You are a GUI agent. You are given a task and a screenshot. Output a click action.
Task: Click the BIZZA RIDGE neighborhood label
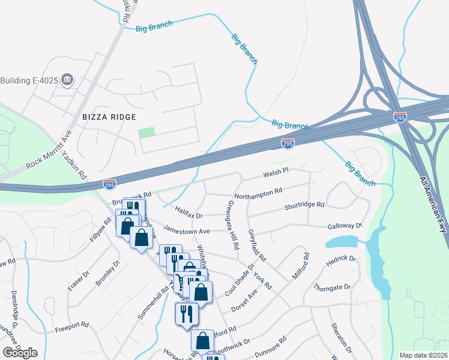coord(110,116)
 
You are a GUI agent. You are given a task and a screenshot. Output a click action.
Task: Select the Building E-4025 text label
coord(29,80)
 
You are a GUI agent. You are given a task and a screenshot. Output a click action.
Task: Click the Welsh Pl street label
coord(276,173)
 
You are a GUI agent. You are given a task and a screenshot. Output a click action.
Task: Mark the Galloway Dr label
coord(345,226)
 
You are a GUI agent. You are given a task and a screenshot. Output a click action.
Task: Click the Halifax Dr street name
coord(190,212)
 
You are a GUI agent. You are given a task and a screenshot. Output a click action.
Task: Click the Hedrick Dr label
coord(341,262)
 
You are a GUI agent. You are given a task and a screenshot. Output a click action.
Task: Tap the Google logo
coord(20,353)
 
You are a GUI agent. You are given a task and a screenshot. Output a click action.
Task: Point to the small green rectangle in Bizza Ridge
coord(146,131)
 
